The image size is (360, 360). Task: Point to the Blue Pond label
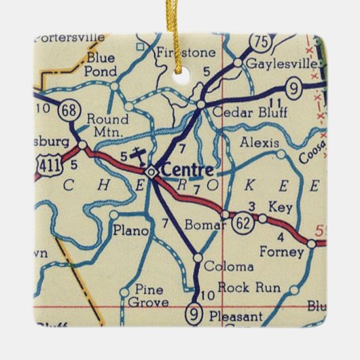point(101,64)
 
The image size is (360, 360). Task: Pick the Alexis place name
point(259,143)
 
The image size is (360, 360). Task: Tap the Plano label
point(130,231)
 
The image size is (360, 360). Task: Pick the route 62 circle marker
point(242,221)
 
